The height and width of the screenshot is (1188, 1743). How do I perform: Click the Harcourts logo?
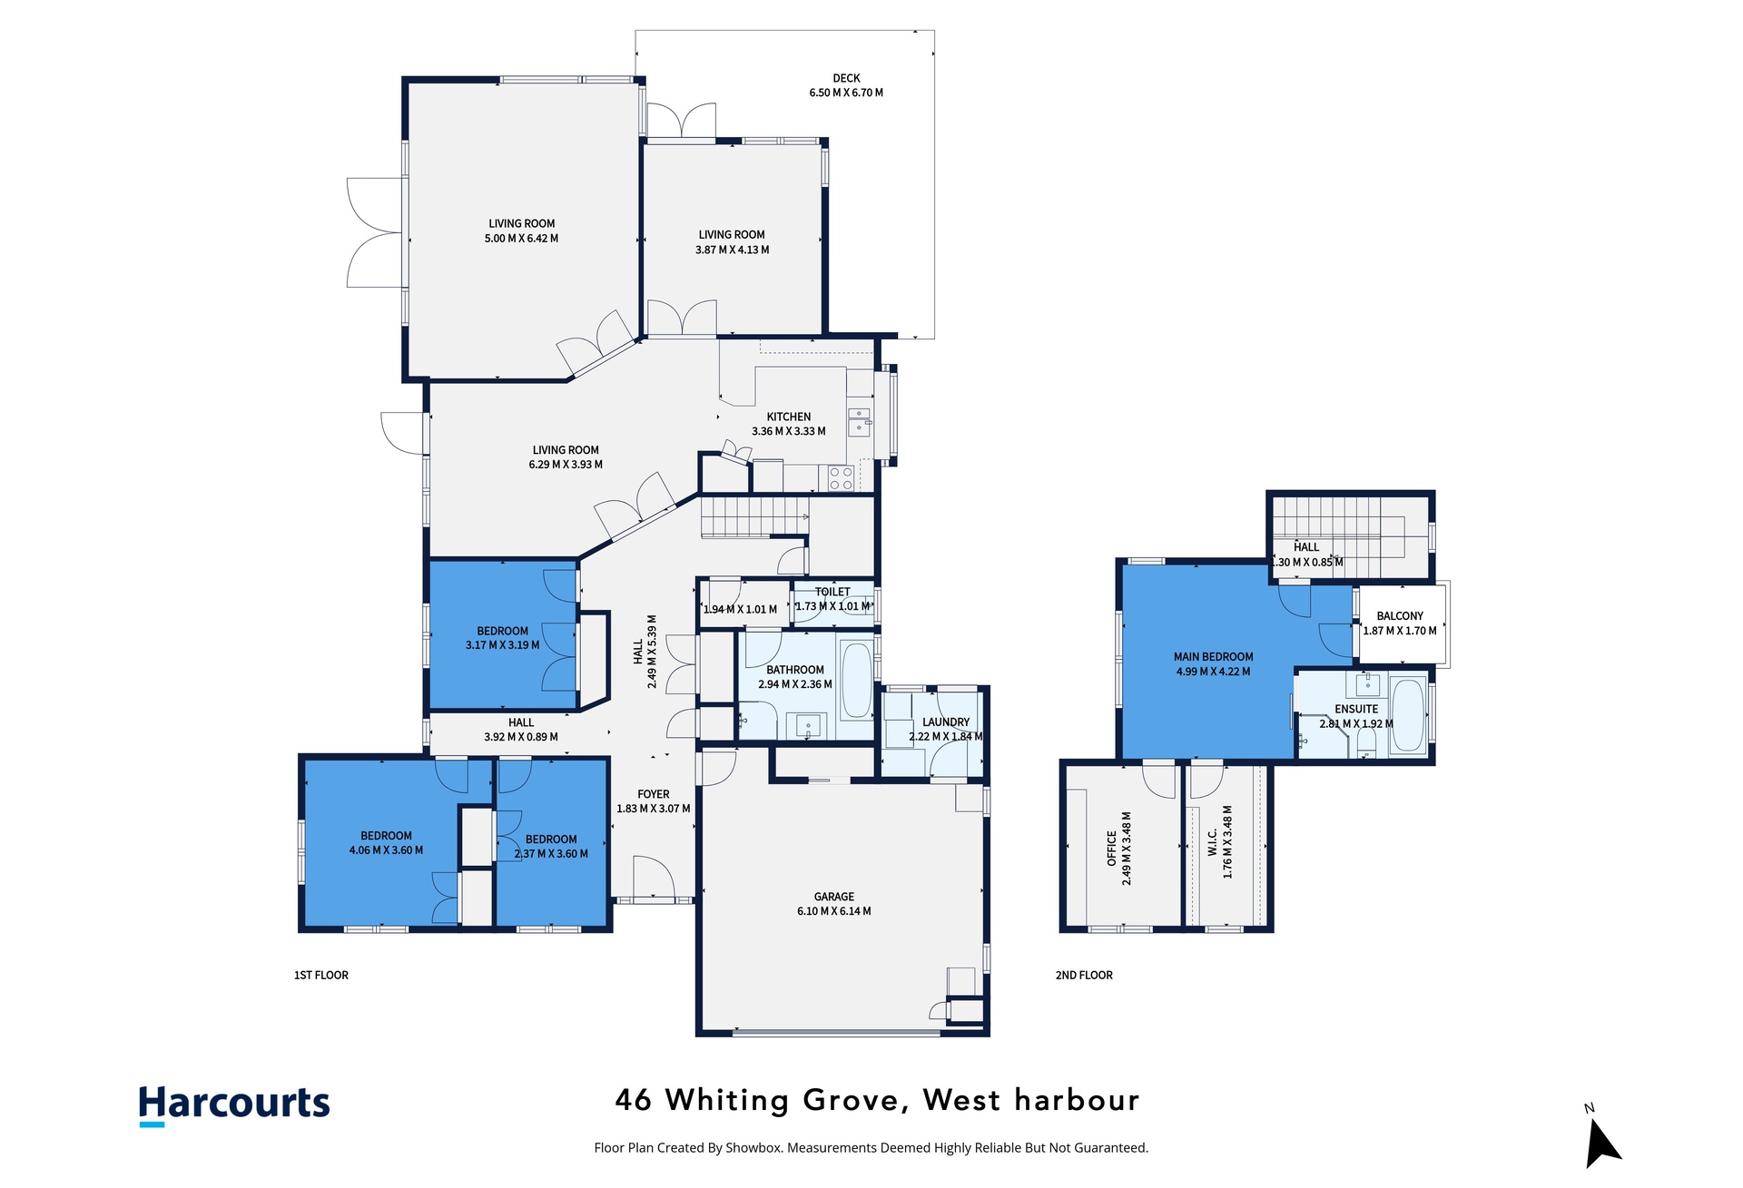(x=234, y=1105)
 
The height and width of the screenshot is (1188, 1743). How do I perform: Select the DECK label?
(x=846, y=78)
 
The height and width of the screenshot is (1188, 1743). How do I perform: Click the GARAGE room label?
(x=833, y=897)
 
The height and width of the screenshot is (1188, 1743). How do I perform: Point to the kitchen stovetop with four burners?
(x=842, y=478)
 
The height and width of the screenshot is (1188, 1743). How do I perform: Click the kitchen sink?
(x=859, y=422)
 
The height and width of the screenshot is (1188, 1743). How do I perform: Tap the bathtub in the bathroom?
(x=856, y=679)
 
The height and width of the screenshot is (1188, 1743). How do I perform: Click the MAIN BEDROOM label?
(x=1213, y=657)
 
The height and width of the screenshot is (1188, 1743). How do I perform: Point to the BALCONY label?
(x=1400, y=616)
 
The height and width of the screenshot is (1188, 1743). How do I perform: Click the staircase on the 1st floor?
(x=754, y=517)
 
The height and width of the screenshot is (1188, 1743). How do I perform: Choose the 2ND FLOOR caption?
(x=1084, y=976)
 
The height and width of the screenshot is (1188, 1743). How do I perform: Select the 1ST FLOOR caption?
(x=321, y=976)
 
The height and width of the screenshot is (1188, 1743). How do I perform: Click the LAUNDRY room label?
(x=946, y=722)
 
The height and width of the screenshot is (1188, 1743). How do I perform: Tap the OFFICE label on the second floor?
(x=1112, y=848)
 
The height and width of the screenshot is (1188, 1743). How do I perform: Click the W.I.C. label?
(x=1213, y=841)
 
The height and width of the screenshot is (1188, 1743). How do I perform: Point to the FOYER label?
(x=654, y=794)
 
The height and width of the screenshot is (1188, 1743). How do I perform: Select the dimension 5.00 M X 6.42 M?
(x=521, y=239)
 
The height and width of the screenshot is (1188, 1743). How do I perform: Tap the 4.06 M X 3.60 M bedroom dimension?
(x=386, y=850)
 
